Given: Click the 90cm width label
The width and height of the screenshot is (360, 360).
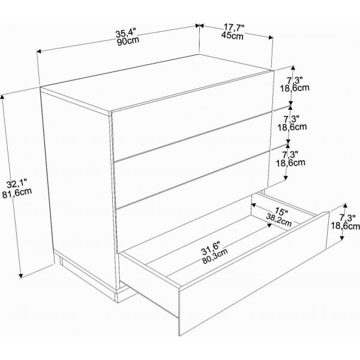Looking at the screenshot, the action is pos(128,41).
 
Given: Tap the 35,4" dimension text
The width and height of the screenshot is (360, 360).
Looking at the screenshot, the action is pos(125,33).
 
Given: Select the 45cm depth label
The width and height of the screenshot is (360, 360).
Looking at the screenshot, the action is pos(232,36).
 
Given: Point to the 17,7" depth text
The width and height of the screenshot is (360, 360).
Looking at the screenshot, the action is pos(234,28).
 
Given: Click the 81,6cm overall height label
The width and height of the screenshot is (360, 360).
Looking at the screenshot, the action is pos(17,193).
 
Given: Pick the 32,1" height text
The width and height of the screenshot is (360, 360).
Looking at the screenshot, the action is pos(17,184).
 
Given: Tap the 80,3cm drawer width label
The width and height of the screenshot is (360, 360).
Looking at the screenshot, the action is pos(215,256).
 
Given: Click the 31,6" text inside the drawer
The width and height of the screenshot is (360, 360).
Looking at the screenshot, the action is pos(211,248).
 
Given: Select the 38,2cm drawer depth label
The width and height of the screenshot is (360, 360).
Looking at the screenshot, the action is pos(279,220).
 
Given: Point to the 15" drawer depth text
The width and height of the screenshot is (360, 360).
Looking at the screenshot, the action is pos(281,211).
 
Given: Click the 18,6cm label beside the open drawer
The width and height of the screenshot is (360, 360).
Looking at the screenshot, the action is pos(346,226).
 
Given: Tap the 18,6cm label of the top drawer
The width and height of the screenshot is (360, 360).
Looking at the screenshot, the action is pos(295,88).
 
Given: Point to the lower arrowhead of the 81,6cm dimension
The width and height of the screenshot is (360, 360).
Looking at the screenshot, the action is pos(21,275).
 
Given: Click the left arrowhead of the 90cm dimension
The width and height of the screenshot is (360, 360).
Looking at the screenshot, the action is pos(39,51).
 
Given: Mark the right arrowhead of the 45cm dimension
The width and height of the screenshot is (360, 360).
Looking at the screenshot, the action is pos(271,38).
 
